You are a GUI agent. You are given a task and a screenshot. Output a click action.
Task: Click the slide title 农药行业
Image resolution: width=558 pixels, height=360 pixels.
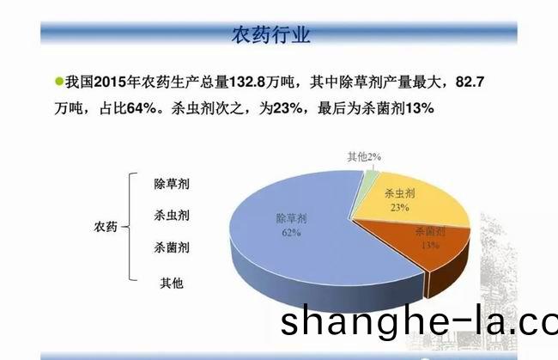[x=270, y=34]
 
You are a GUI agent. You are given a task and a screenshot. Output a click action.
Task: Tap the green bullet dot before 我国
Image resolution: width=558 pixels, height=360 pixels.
[x=59, y=82]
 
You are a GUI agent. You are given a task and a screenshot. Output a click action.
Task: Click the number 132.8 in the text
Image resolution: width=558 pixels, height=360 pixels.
[x=247, y=82]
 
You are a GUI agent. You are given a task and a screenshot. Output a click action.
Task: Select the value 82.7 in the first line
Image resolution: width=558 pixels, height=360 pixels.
[x=470, y=82]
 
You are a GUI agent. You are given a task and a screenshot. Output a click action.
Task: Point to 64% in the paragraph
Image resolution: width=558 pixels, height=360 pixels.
[x=142, y=108]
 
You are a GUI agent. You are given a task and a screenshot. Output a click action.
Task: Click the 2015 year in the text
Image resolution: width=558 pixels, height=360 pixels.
[x=111, y=82]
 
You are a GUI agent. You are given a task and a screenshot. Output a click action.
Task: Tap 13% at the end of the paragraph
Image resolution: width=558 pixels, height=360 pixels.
[x=420, y=108]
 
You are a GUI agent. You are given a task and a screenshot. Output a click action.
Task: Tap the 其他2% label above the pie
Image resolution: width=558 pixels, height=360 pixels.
[x=364, y=156]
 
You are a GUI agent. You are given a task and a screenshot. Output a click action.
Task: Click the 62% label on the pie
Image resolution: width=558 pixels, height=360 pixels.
[x=292, y=233]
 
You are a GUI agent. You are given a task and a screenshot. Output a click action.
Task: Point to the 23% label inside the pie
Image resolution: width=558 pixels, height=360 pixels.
[x=400, y=207]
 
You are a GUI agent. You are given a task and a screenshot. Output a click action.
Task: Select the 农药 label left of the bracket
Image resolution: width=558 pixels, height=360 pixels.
[x=106, y=227]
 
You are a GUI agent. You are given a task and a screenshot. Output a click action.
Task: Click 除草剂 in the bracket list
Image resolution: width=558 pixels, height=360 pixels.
[x=172, y=184]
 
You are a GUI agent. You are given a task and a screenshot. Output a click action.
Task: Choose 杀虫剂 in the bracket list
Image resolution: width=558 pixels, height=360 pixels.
[x=172, y=216]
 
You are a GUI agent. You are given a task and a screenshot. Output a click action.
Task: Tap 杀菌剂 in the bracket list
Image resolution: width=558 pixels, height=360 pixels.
[x=172, y=247]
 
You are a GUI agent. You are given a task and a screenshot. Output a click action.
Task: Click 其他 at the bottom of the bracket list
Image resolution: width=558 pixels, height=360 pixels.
[x=172, y=283]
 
